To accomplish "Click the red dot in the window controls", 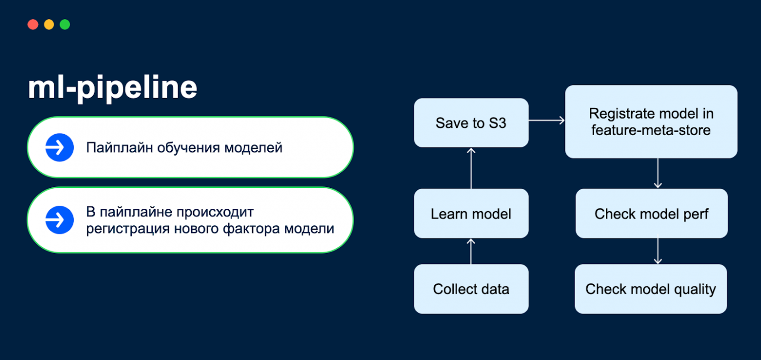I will pyautogui.click(x=33, y=24).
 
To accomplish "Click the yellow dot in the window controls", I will pyautogui.click(x=49, y=24).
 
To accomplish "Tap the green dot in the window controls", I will pyautogui.click(x=65, y=24).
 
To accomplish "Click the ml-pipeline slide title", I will pyautogui.click(x=113, y=88).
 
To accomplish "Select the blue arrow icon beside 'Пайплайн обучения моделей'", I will pyautogui.click(x=60, y=147).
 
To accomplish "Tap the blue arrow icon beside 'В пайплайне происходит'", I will pyautogui.click(x=60, y=220).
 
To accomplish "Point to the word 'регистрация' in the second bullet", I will pyautogui.click(x=128, y=228).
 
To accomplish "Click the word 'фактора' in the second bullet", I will pyautogui.click(x=256, y=228).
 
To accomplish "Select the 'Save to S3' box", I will pyautogui.click(x=471, y=122).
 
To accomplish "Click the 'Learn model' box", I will pyautogui.click(x=471, y=214).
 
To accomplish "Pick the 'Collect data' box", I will pyautogui.click(x=471, y=289).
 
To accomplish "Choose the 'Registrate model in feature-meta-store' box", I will pyautogui.click(x=651, y=121).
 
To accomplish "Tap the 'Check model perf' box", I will pyautogui.click(x=651, y=214).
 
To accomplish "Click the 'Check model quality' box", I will pyautogui.click(x=650, y=289).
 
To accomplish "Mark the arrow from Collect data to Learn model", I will pyautogui.click(x=471, y=251).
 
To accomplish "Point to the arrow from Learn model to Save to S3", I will pyautogui.click(x=471, y=168).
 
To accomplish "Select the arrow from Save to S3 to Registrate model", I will pyautogui.click(x=546, y=120).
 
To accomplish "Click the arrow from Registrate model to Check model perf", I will pyautogui.click(x=658, y=173).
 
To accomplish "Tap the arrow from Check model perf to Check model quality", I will pyautogui.click(x=658, y=251).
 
